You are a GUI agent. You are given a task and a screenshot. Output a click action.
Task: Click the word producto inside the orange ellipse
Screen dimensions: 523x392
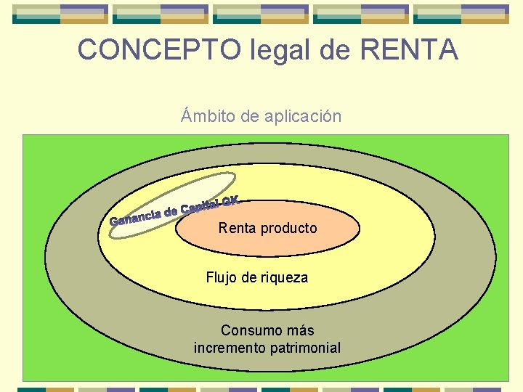pyautogui.click(x=288, y=228)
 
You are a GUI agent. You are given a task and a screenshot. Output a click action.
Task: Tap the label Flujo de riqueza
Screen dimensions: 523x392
pyautogui.click(x=256, y=277)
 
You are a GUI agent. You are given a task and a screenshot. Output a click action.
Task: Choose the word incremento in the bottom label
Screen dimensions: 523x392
pyautogui.click(x=230, y=348)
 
